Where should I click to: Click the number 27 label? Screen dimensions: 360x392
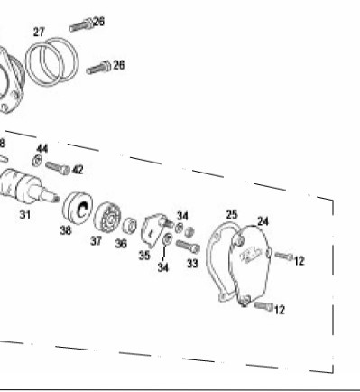coord(39,32)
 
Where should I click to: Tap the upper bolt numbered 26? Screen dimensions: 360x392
coord(81,24)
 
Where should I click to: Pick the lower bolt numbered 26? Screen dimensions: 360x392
coord(98,68)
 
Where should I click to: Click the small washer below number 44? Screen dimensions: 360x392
coord(37,161)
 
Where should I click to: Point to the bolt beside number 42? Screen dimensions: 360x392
coord(58,168)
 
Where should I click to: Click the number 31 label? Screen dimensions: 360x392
coord(25,215)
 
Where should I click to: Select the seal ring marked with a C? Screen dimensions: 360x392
coord(78,208)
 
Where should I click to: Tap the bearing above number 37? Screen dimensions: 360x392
coord(107,219)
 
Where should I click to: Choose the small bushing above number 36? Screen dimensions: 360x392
coord(129,226)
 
